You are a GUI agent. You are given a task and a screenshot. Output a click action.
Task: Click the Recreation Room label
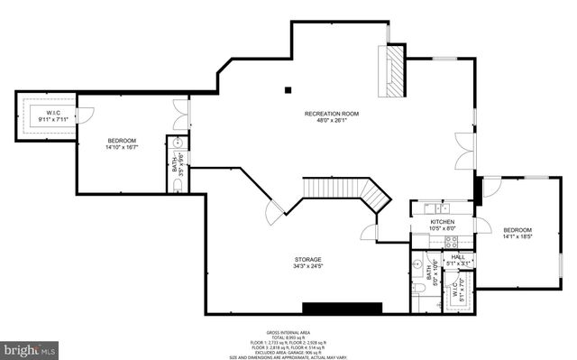coord(331,114)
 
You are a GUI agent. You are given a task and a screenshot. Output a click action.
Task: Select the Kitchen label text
coord(442,222)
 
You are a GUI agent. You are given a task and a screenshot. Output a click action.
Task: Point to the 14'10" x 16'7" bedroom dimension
coord(122,148)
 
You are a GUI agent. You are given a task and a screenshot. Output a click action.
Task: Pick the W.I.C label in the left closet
coord(53,112)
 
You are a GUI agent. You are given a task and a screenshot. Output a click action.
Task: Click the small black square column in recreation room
coord(288,89)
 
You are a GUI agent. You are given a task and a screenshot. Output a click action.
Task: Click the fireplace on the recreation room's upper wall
coord(393,69)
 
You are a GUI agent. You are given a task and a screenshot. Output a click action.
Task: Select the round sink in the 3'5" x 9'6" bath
coord(178,143)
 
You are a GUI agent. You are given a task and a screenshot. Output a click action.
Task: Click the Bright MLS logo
coord(30,346)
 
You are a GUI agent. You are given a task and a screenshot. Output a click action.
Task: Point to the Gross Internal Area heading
coord(288,332)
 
